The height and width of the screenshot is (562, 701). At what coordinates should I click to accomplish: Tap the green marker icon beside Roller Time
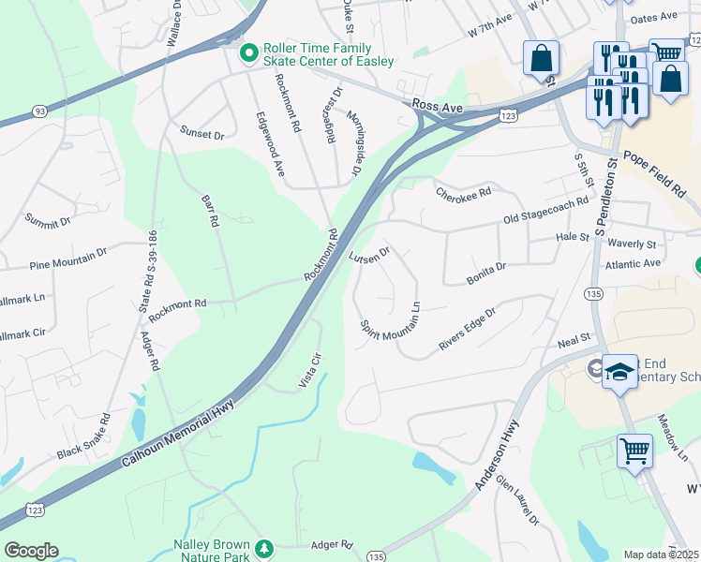pyautogui.click(x=248, y=53)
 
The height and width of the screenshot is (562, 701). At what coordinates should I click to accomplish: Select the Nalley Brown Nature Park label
pyautogui.click(x=211, y=551)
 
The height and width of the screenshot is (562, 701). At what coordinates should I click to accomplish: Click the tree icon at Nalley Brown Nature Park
pyautogui.click(x=265, y=547)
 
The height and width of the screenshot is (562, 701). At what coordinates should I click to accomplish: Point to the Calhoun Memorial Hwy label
pyautogui.click(x=178, y=430)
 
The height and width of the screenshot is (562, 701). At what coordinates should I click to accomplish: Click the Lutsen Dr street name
pyautogui.click(x=368, y=255)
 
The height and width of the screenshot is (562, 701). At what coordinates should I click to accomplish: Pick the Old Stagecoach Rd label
pyautogui.click(x=545, y=209)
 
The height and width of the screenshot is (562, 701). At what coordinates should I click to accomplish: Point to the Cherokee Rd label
pyautogui.click(x=463, y=192)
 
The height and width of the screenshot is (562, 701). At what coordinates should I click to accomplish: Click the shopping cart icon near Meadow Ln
pyautogui.click(x=634, y=451)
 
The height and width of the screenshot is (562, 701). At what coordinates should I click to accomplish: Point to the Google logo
pyautogui.click(x=31, y=551)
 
